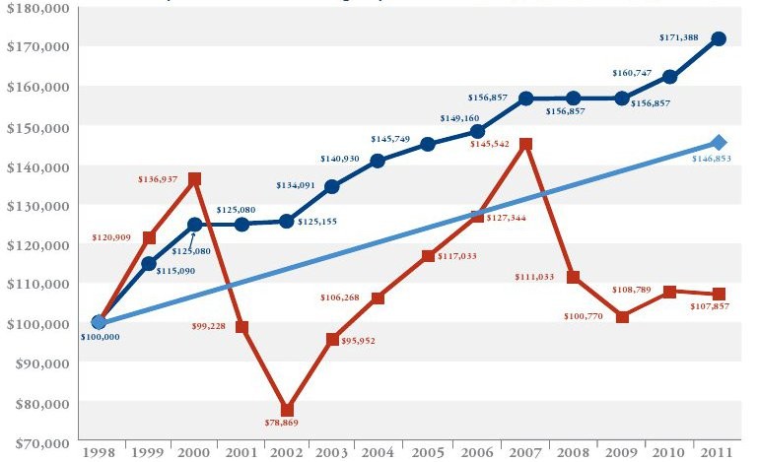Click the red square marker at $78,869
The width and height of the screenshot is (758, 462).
(286, 410)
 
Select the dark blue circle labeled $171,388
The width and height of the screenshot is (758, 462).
(719, 39)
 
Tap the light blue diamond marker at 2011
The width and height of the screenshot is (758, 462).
(719, 143)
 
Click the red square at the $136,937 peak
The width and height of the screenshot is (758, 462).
(195, 179)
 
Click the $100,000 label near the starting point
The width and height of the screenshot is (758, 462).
(99, 337)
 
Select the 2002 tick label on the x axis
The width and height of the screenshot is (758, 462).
(286, 451)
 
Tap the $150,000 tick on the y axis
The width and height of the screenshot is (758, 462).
(38, 127)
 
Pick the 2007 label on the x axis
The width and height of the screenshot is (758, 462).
(525, 451)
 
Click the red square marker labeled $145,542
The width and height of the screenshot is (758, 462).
(525, 145)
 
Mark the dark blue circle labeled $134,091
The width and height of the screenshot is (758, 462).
(331, 186)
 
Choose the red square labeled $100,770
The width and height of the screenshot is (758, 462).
(622, 317)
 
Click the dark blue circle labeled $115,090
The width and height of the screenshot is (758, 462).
(149, 263)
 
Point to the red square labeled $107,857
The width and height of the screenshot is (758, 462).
(719, 294)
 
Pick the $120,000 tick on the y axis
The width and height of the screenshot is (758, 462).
(38, 245)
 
